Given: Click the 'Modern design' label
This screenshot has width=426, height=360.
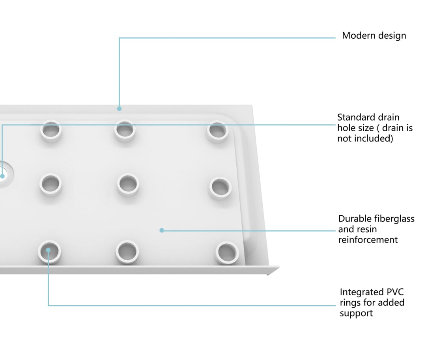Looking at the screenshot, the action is tap(374, 35).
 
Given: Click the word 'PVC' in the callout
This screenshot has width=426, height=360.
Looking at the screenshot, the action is tap(395, 292).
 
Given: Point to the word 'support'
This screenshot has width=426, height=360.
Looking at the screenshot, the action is tap(356, 313).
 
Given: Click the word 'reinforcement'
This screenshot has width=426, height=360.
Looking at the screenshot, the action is tap(368, 240).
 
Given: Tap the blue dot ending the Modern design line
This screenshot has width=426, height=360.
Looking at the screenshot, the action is tap(119, 108).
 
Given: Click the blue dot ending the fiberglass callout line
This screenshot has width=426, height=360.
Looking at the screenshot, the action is tap(162, 230).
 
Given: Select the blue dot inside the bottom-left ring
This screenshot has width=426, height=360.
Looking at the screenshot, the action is tap(48, 250).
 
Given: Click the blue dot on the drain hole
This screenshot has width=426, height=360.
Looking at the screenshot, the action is tap(2, 176).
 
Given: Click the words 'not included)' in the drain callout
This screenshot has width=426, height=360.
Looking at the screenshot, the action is tap(365, 138).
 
